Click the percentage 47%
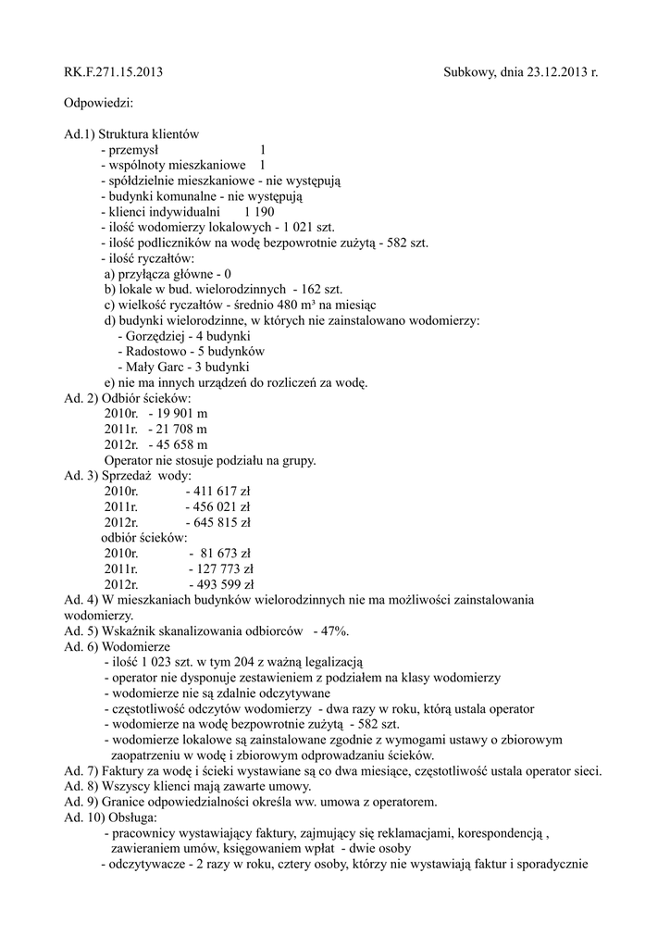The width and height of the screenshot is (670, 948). tap(333, 631)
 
